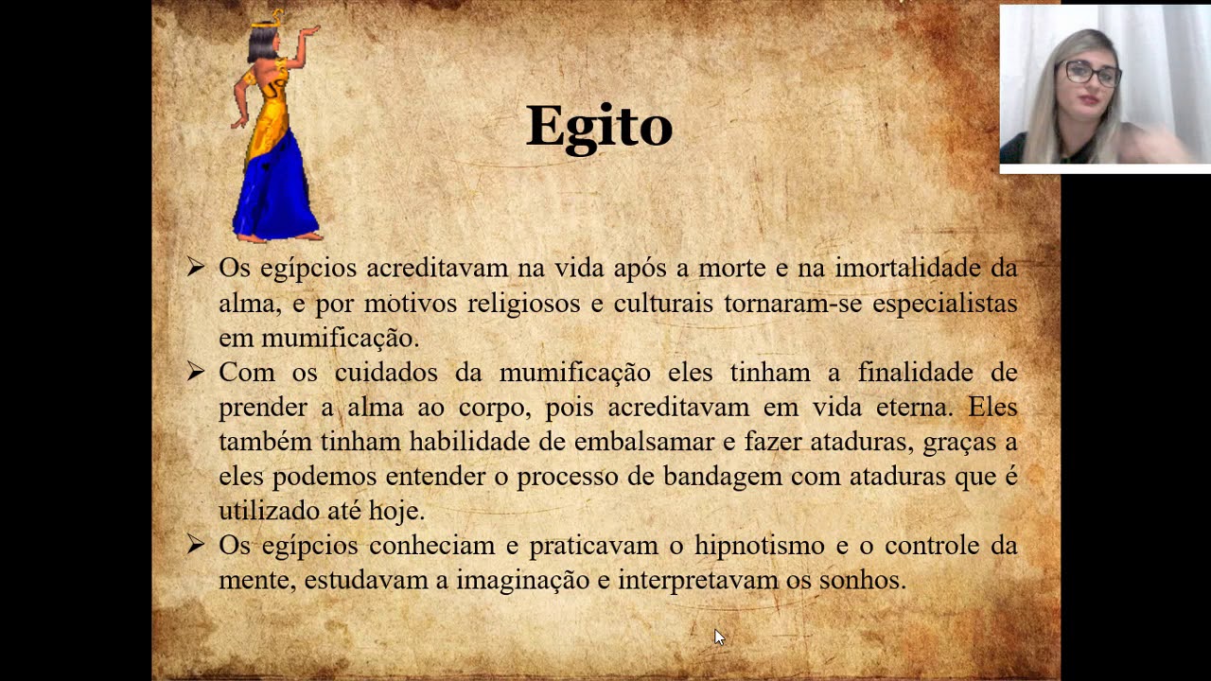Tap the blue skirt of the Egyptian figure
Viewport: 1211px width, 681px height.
(276, 189)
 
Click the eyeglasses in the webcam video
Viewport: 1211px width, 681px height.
(1092, 73)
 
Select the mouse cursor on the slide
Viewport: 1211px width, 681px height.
(719, 637)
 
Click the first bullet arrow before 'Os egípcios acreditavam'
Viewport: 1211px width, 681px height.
(196, 268)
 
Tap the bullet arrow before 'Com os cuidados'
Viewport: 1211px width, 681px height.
(196, 373)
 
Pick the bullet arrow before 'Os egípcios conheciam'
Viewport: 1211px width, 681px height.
(196, 545)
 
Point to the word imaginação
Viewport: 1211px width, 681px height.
(522, 580)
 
